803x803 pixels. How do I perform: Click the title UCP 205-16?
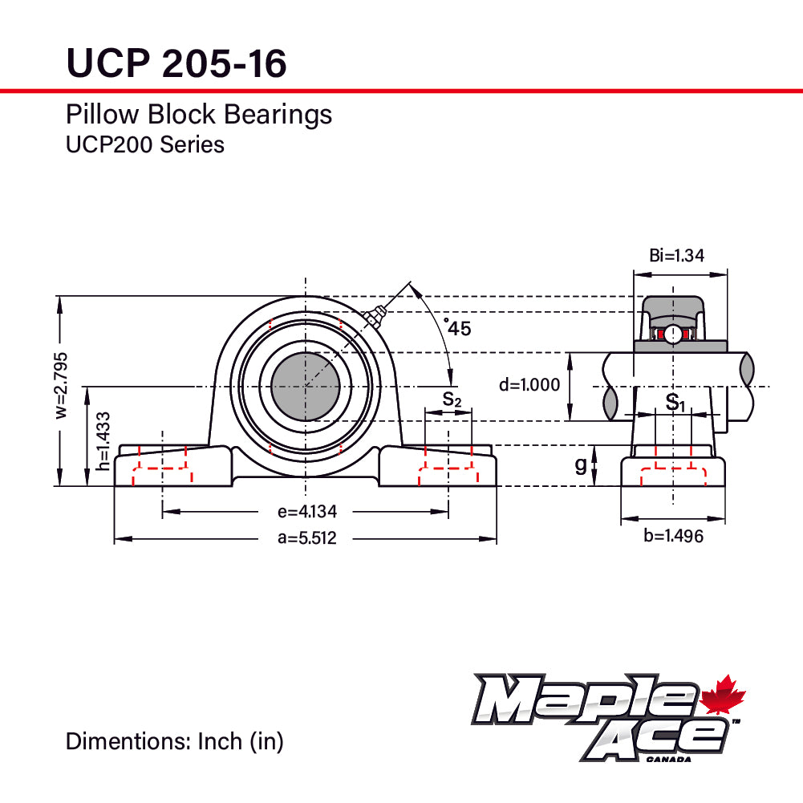(x=176, y=63)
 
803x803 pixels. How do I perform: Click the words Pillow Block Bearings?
(x=198, y=115)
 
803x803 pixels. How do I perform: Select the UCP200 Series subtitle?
(x=144, y=145)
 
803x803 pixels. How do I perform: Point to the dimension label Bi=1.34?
(x=676, y=256)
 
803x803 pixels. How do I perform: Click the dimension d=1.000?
(x=529, y=385)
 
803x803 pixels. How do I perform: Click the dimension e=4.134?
(x=307, y=512)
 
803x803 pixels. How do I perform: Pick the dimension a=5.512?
(x=307, y=539)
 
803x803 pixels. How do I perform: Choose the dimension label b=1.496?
(x=674, y=536)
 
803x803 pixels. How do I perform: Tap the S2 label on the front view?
(x=452, y=399)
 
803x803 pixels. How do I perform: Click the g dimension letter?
(x=580, y=465)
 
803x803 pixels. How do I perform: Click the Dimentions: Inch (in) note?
(x=174, y=741)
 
